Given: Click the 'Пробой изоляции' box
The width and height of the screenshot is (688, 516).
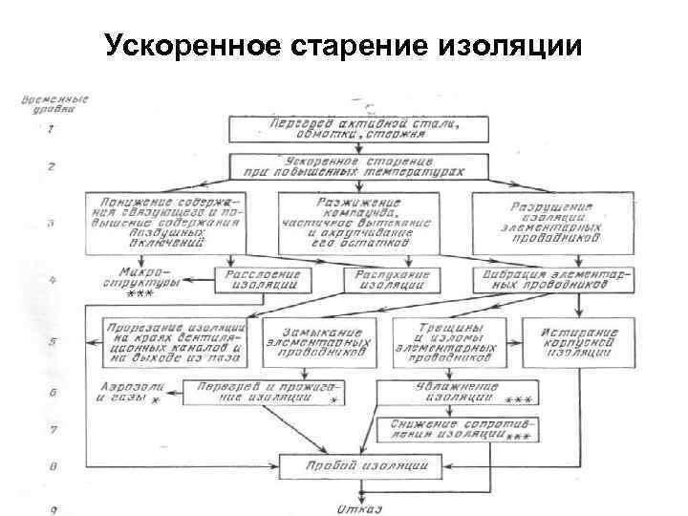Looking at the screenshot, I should coord(358,466).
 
